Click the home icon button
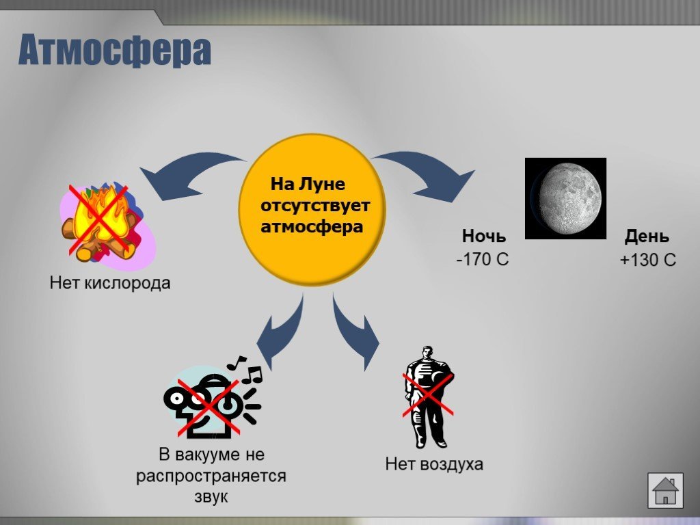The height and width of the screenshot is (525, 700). tap(665, 491)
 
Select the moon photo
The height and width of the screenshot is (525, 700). tap(565, 198)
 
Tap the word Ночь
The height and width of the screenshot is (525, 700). tap(484, 236)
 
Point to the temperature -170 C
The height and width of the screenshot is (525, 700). tap(483, 259)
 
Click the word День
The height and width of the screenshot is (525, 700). tap(647, 236)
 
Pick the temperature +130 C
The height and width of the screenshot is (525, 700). tap(648, 259)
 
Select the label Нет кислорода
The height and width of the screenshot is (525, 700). tap(110, 283)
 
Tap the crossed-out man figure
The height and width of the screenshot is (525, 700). tap(428, 396)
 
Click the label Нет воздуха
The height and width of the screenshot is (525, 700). tap(434, 464)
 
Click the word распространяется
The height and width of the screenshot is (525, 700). tap(211, 476)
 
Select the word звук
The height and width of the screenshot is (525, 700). tap(211, 496)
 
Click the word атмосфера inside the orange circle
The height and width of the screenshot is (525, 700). tap(312, 226)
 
